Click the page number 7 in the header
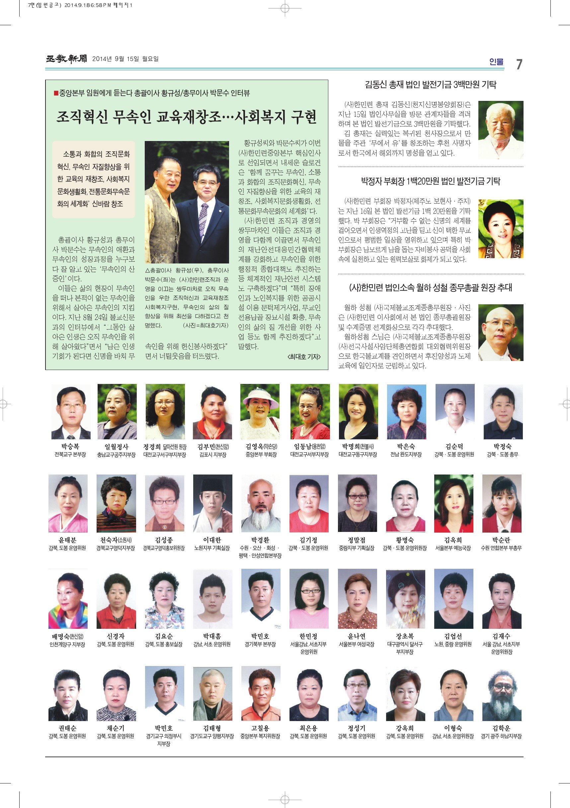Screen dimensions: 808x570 pos(519,64)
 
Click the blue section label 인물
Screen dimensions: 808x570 pos(496,62)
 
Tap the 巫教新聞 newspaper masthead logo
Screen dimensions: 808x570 pos(66,59)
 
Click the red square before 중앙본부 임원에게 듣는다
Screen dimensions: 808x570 pos(56,93)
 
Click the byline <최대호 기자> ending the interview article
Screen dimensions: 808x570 pos(304,357)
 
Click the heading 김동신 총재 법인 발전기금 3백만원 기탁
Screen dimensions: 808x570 pos(430,85)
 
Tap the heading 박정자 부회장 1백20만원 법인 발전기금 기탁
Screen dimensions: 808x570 pos(430,181)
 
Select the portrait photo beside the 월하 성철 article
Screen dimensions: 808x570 pos(501,332)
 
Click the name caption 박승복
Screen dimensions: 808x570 pos(70,447)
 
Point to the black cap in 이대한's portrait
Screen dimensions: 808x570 pos(212,487)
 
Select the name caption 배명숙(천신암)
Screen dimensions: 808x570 pos(67,636)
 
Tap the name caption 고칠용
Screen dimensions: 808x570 pos(260,728)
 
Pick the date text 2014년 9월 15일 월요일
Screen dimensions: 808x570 pos(125,59)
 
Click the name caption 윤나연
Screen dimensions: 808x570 pos(357,636)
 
